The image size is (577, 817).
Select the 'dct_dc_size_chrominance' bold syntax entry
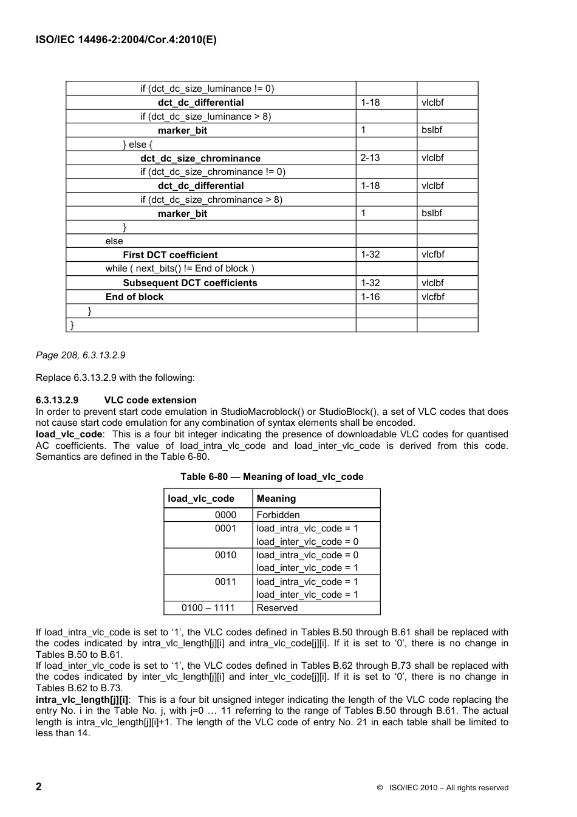200,159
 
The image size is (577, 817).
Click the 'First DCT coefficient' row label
170,255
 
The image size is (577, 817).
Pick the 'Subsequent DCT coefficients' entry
190,283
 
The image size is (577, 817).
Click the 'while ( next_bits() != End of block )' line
180,268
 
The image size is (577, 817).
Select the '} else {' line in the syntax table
138,145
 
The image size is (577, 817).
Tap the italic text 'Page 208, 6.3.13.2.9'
81,355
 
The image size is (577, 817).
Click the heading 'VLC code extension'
151,400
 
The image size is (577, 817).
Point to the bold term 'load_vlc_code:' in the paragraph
69,434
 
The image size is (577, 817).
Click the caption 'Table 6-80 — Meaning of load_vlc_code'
271,477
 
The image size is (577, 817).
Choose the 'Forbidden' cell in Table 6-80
278,515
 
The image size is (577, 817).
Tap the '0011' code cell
225,582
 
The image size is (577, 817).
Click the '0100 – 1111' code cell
209,608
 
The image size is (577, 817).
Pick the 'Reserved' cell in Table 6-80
277,608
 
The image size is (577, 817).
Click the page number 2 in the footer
39,787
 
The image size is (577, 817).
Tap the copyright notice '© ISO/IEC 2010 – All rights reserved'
442,788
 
